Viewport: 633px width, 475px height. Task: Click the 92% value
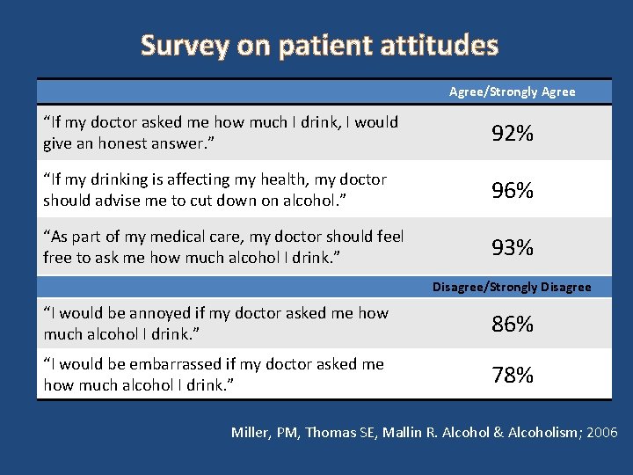pyautogui.click(x=512, y=134)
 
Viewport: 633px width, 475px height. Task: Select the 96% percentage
pyautogui.click(x=512, y=191)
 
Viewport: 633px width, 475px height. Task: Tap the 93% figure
pyautogui.click(x=512, y=248)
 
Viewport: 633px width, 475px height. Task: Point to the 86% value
pyautogui.click(x=512, y=325)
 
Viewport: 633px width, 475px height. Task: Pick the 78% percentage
pyautogui.click(x=512, y=376)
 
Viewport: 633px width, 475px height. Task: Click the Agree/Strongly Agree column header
pyautogui.click(x=512, y=91)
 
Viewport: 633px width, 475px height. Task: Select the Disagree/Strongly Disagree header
pyautogui.click(x=512, y=287)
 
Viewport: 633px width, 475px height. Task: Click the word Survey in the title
pyautogui.click(x=184, y=45)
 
